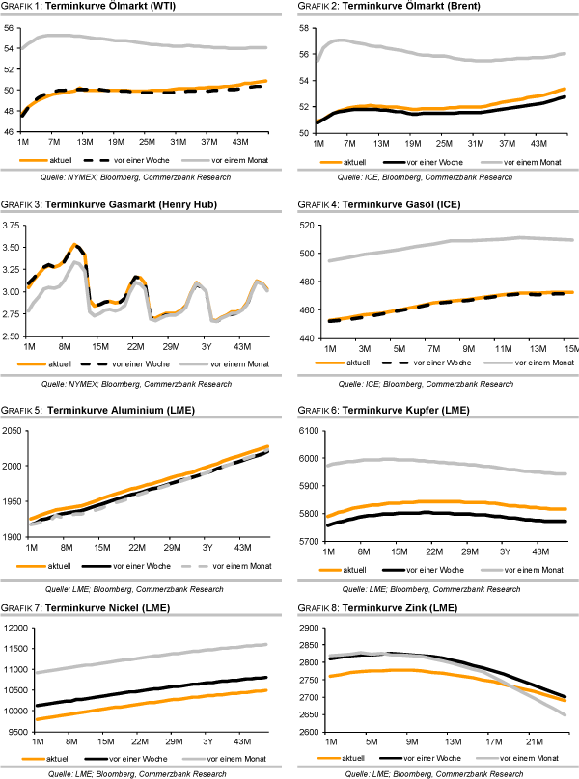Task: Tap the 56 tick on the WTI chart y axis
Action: pyautogui.click(x=12, y=28)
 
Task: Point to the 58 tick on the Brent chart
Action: pyautogui.click(x=301, y=28)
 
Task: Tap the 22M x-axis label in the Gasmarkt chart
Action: pyautogui.click(x=136, y=345)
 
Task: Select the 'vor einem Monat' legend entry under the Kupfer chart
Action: pyautogui.click(x=518, y=569)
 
